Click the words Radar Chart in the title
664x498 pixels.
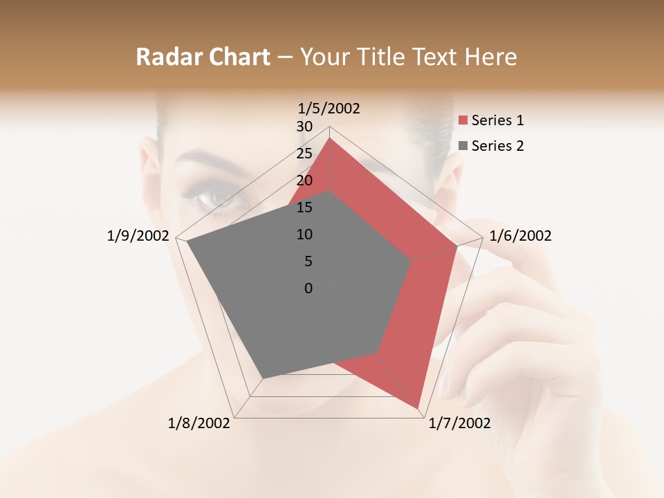click(202, 57)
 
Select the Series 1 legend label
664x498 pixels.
click(497, 120)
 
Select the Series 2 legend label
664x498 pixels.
click(497, 146)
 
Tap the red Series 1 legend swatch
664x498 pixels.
click(463, 121)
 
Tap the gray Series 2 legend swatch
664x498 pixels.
click(463, 146)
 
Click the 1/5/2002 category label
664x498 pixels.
click(329, 108)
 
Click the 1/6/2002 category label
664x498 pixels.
click(520, 236)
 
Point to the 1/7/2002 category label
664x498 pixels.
click(459, 423)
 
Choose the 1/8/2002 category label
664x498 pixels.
click(199, 423)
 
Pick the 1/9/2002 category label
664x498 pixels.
click(138, 236)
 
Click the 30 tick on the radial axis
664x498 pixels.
click(304, 127)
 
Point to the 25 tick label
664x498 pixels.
click(304, 154)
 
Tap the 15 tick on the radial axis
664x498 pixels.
click(304, 207)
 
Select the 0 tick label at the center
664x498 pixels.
click(308, 288)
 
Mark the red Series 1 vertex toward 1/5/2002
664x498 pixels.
click(330, 138)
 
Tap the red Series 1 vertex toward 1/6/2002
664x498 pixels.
click(457, 246)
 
